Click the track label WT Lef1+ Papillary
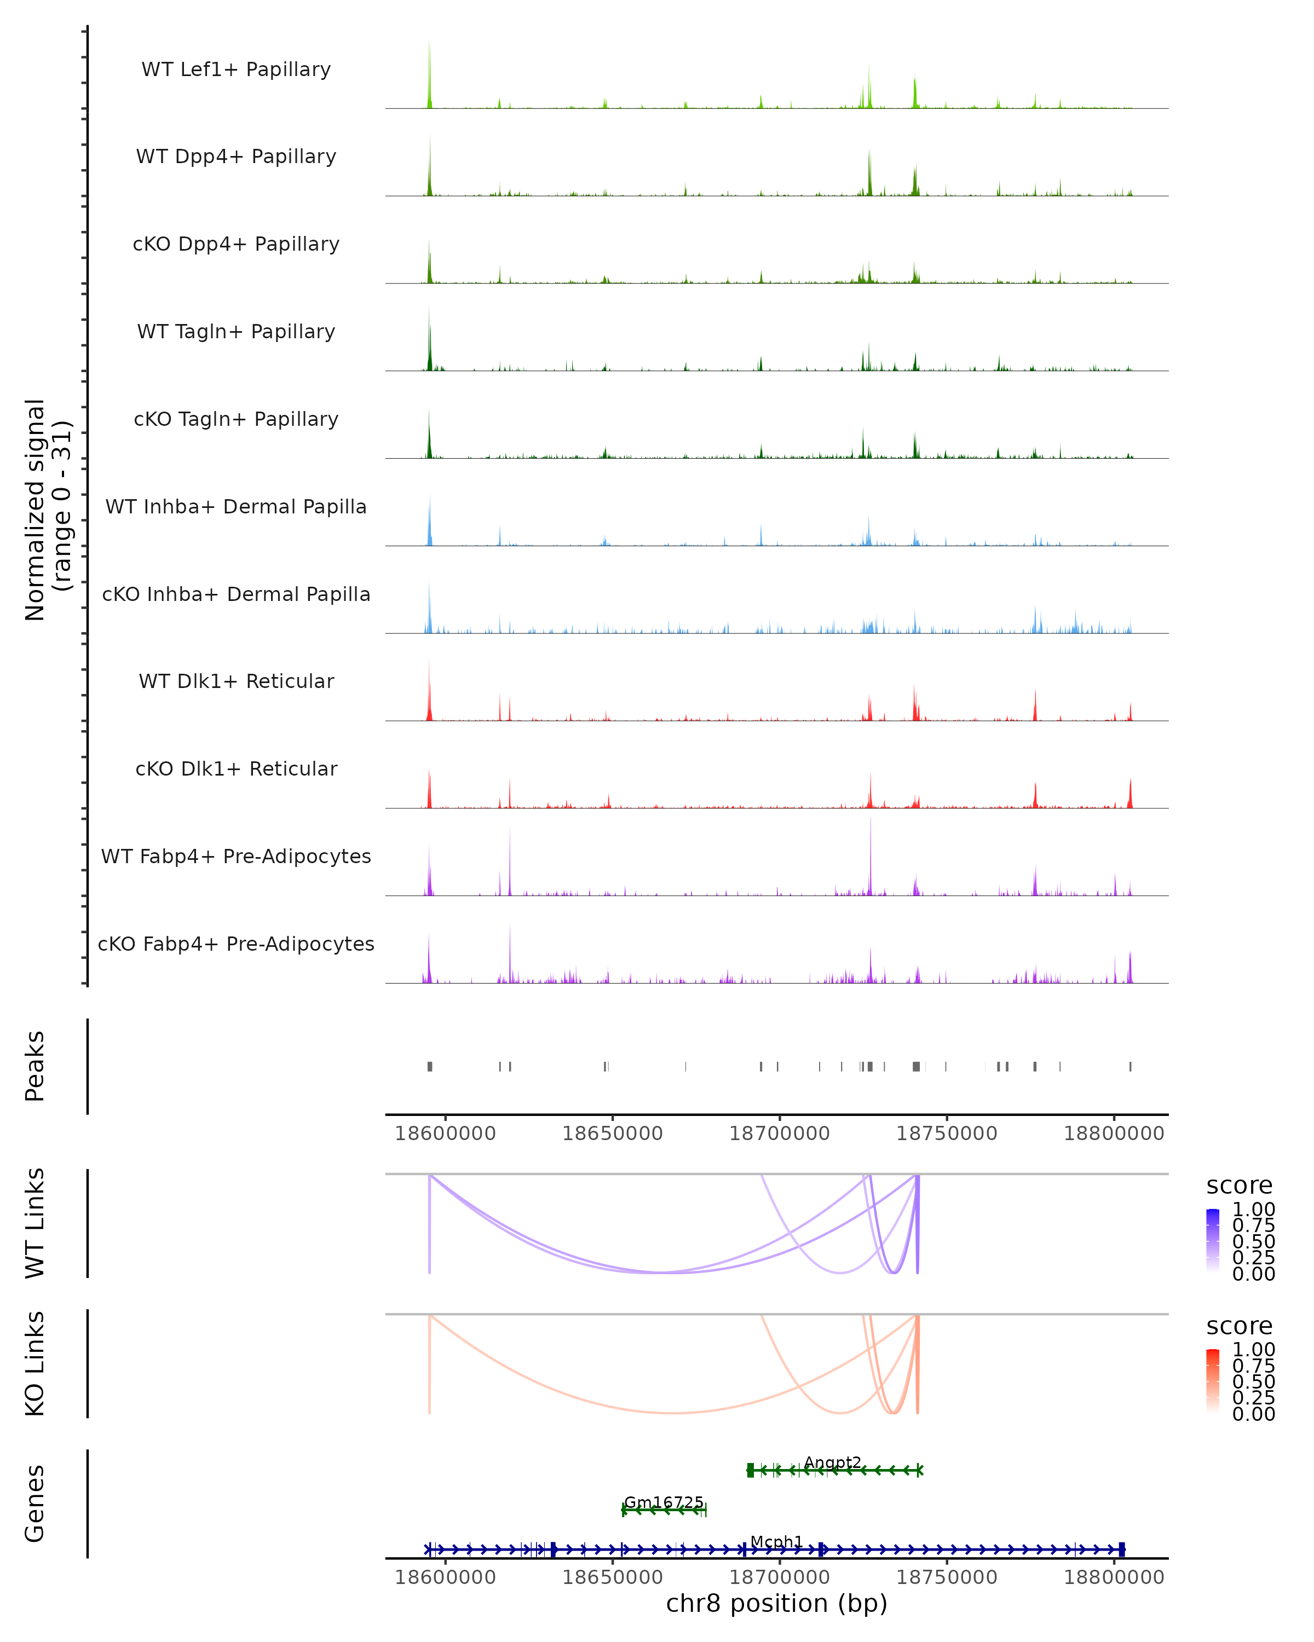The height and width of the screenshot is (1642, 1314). point(236,70)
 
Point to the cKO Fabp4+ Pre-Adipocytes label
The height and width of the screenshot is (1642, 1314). point(236,944)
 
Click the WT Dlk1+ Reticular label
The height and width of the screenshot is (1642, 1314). point(236,681)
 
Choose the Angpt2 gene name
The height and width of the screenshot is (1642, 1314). point(833,1462)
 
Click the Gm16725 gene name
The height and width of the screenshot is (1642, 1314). point(664,1502)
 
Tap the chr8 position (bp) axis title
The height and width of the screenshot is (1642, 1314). point(776,1603)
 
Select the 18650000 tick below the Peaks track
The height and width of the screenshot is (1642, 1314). point(613,1134)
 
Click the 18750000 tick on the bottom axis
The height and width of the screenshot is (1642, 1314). point(947,1577)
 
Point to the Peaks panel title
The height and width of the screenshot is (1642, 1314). point(35,1066)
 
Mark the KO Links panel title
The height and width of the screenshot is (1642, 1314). point(35,1363)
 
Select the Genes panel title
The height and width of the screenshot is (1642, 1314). point(35,1504)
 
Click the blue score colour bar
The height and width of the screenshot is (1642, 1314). point(1213,1240)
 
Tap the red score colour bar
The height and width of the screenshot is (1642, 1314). point(1213,1380)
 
